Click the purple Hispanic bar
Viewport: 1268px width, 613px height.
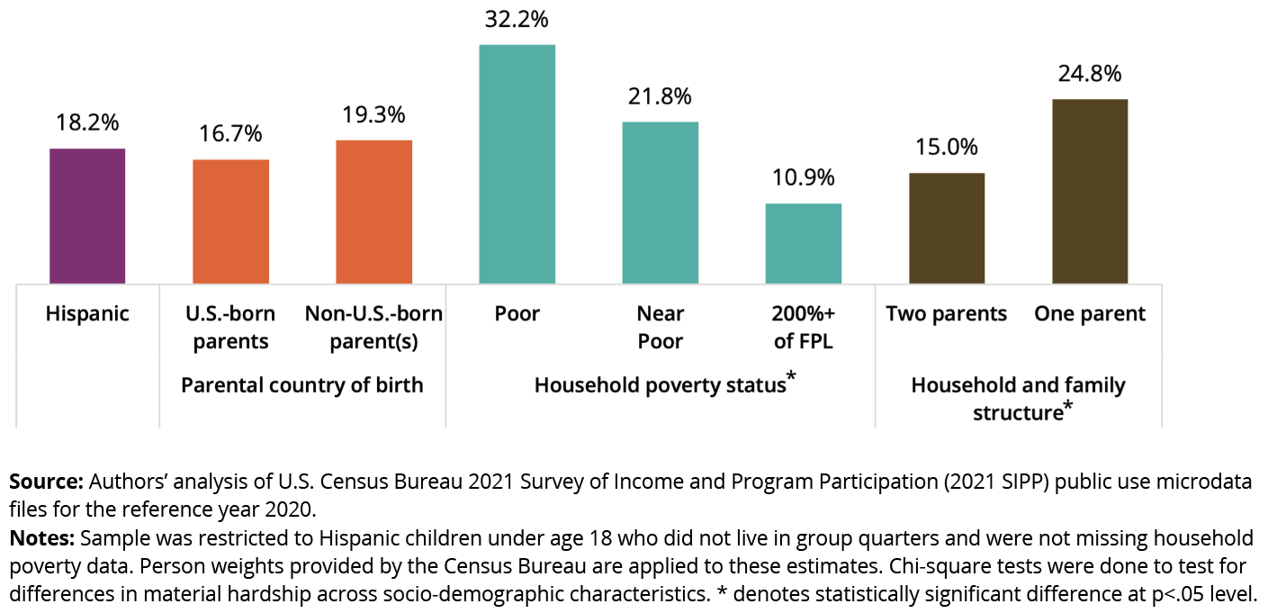point(87,216)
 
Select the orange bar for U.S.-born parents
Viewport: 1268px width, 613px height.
point(230,221)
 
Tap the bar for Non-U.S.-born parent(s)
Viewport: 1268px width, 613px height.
point(373,212)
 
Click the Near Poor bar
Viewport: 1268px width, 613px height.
point(660,203)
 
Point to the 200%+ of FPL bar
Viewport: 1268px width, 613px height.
point(803,243)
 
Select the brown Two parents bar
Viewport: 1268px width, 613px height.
point(946,228)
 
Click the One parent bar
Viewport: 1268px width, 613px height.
point(1089,191)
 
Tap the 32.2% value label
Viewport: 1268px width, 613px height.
point(517,19)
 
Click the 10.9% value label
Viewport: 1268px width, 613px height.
point(803,177)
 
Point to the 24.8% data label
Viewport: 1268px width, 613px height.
point(1089,73)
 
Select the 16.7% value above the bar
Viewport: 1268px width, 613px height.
point(230,134)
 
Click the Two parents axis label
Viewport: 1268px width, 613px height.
point(946,313)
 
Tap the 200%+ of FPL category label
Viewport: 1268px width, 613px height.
point(803,327)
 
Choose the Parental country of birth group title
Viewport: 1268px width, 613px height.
point(301,385)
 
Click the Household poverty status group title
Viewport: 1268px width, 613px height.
point(660,385)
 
